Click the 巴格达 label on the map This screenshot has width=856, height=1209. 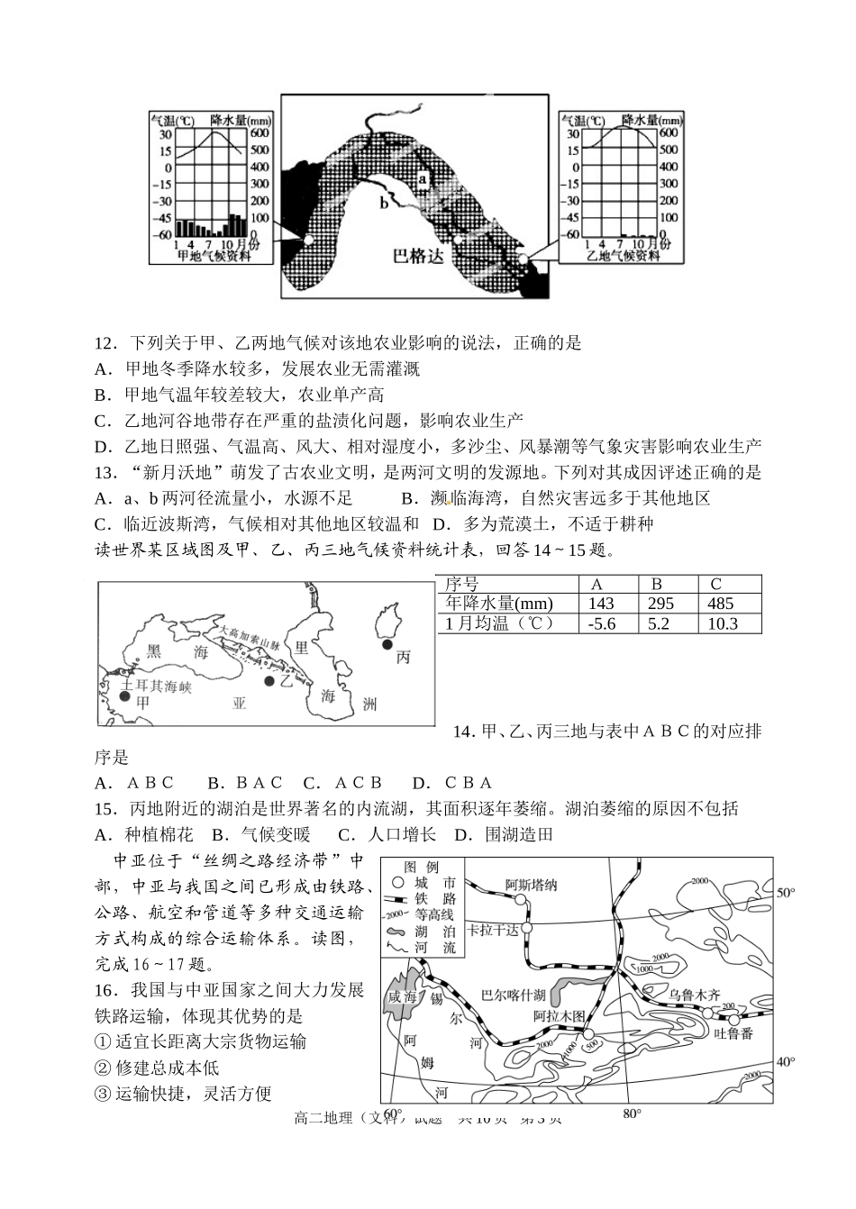point(419,256)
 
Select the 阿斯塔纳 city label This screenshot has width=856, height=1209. point(531,885)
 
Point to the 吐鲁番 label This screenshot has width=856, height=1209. point(733,1033)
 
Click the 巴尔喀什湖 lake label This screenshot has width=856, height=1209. point(514,995)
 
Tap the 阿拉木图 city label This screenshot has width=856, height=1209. point(560,1016)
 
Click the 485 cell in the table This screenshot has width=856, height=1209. point(721,604)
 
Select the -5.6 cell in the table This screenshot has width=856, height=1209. point(601,624)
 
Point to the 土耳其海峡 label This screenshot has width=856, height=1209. point(158,685)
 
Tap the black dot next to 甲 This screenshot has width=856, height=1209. point(124,695)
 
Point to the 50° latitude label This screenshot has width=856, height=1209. point(786,893)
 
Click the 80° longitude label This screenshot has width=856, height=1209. point(632,1114)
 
